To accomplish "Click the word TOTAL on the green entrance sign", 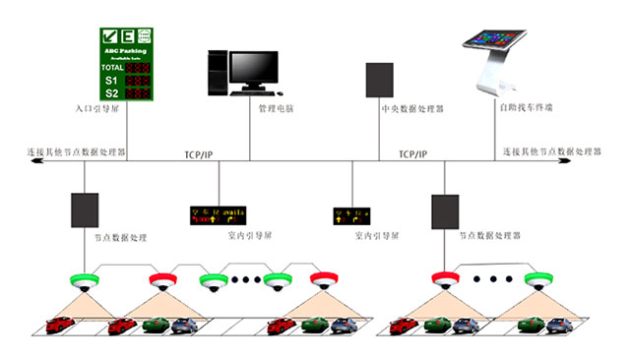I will coord(113,67).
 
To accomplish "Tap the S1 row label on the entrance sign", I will coord(110,80).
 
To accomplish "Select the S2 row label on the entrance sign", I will coord(110,92).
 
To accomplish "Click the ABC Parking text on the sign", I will coord(126,47).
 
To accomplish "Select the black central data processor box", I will coord(379,81).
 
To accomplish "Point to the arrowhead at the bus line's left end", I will coord(35,160).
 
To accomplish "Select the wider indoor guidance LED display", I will coord(218,213).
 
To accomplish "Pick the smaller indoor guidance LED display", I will coord(352,213).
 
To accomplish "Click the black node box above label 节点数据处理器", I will coord(444,210).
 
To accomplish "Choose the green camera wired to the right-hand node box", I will coord(535,278).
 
